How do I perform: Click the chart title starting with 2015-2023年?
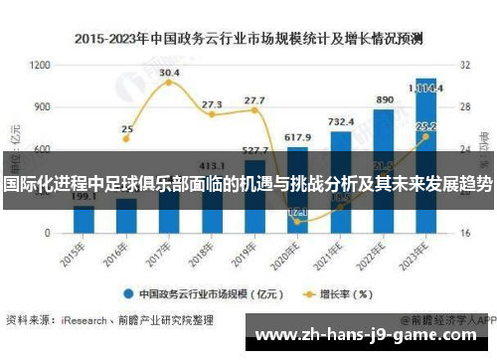click(x=248, y=40)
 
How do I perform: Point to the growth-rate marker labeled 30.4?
click(x=169, y=83)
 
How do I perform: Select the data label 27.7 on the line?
click(x=254, y=110)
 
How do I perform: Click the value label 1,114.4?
click(x=426, y=89)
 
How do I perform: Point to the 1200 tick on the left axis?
click(x=41, y=65)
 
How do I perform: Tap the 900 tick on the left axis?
click(x=43, y=106)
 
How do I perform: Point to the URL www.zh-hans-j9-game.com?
click(x=374, y=336)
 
